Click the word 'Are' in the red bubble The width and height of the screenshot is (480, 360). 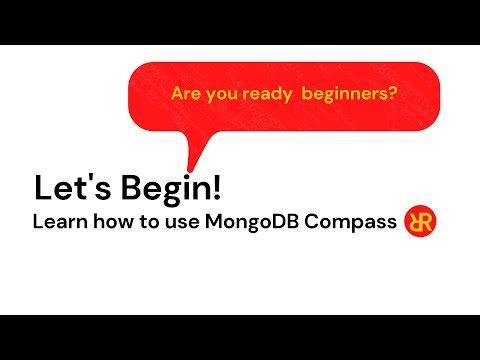point(185,95)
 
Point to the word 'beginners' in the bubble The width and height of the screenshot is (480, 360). point(339,95)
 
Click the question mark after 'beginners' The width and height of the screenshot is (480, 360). point(392,95)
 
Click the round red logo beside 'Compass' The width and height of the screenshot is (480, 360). point(420,221)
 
